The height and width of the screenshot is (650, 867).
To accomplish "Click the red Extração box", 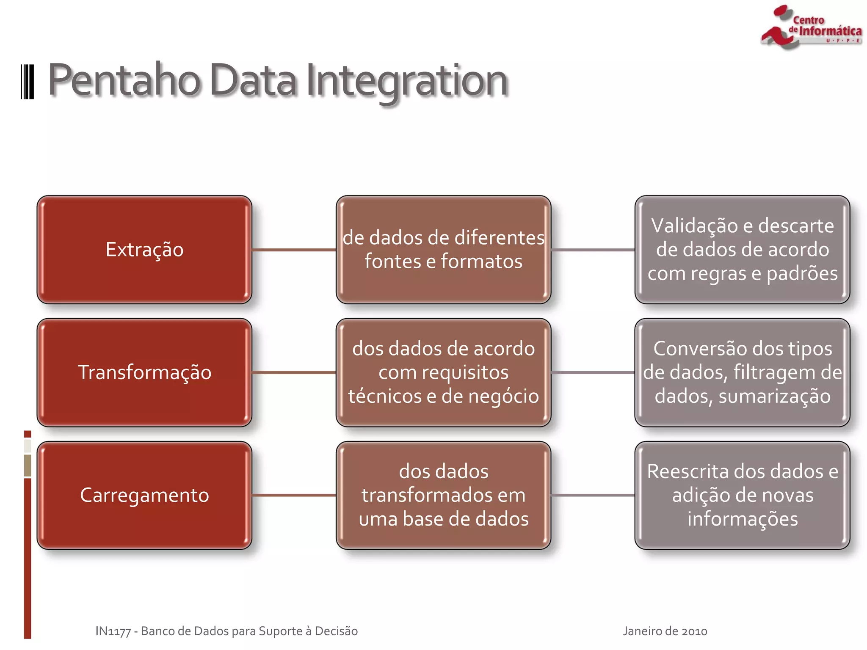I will [x=144, y=249].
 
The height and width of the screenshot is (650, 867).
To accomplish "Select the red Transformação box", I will [x=144, y=372].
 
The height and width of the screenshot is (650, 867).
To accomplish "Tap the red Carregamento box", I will [x=144, y=495].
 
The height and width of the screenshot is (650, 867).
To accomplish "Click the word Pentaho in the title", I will [x=124, y=80].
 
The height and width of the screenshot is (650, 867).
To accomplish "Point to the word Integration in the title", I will [x=406, y=80].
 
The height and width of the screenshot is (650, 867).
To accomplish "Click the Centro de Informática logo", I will [x=811, y=28].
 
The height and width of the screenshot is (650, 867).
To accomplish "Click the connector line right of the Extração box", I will [x=294, y=250].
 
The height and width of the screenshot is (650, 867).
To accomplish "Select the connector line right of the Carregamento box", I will [x=294, y=495].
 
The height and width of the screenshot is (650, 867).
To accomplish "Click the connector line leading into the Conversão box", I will [x=593, y=372].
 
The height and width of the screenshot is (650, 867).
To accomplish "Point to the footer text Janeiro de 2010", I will [x=665, y=631].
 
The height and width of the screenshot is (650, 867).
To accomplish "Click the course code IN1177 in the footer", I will [x=113, y=631].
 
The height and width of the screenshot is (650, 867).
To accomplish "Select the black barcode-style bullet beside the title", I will [x=28, y=82].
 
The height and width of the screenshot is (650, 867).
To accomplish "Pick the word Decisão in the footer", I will [x=336, y=631].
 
